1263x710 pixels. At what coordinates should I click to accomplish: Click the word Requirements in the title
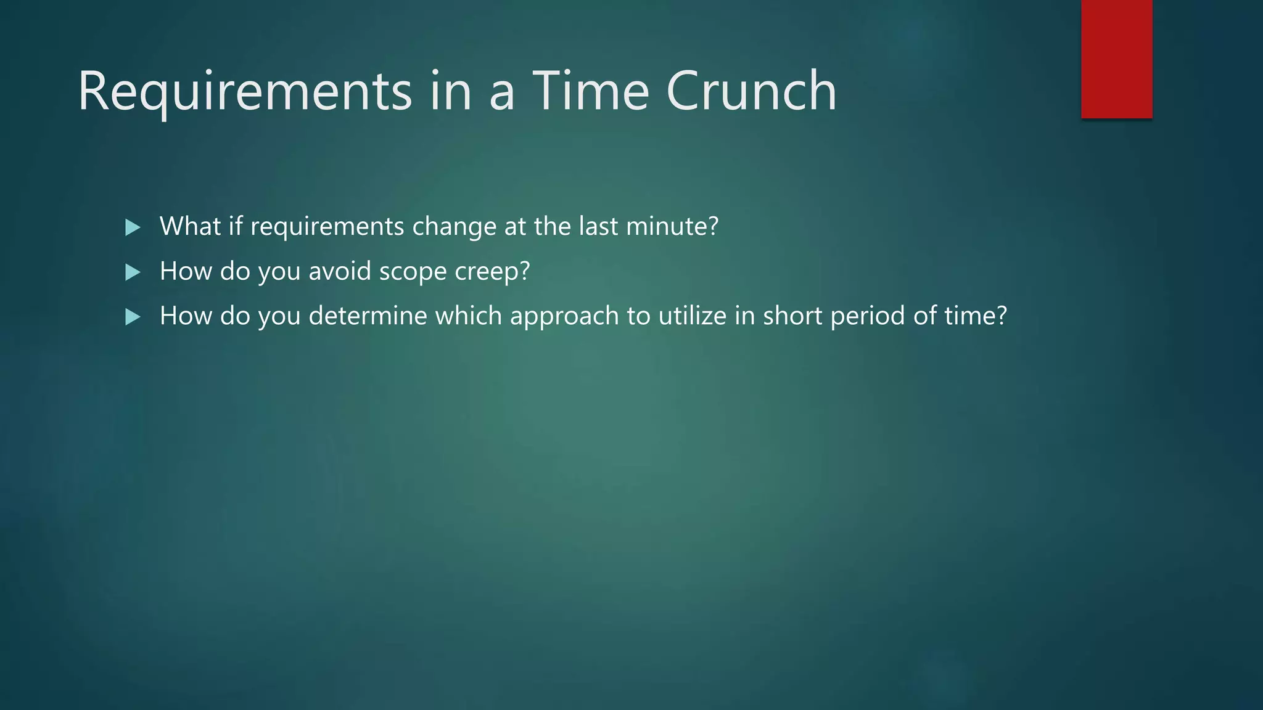[x=244, y=91]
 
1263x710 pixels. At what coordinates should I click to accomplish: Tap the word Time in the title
[x=590, y=91]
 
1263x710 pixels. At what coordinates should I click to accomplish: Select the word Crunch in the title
[x=751, y=91]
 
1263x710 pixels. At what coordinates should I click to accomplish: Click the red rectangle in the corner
[x=1116, y=59]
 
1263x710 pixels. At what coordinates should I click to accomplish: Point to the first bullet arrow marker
[x=133, y=227]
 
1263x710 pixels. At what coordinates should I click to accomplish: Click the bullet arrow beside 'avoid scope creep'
[x=133, y=272]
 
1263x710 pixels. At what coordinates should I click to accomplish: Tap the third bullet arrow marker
[x=133, y=317]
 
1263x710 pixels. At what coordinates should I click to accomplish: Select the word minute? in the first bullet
[x=672, y=226]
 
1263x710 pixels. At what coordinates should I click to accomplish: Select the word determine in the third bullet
[x=368, y=316]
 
